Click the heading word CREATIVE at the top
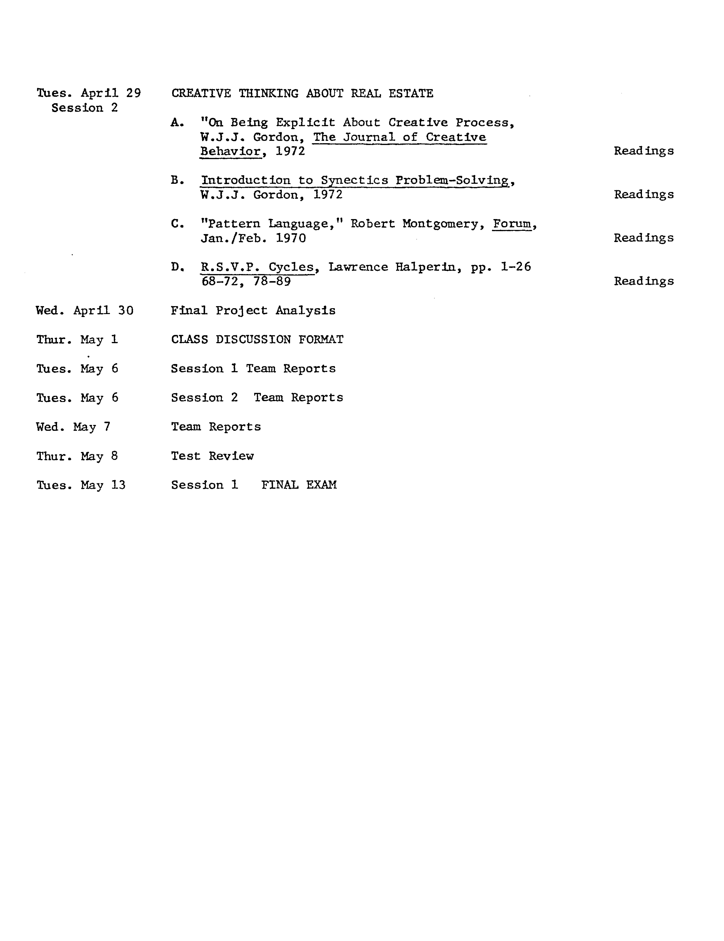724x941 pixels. pyautogui.click(x=201, y=94)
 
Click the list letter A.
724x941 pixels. pyautogui.click(x=177, y=123)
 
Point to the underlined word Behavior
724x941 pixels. pyautogui.click(x=230, y=151)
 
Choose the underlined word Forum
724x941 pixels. pyautogui.click(x=512, y=224)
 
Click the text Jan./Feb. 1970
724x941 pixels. pyautogui.click(x=253, y=238)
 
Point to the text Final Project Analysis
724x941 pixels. pyautogui.click(x=253, y=311)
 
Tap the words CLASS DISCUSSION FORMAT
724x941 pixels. pyautogui.click(x=257, y=339)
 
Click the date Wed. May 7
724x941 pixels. pyautogui.click(x=73, y=427)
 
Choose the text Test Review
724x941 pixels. pyautogui.click(x=212, y=456)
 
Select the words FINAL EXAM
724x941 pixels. pyautogui.click(x=299, y=485)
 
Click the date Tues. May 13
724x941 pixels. pyautogui.click(x=81, y=485)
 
